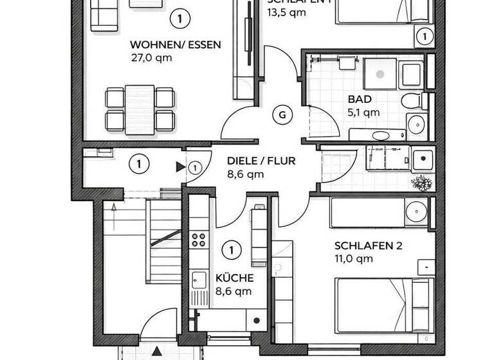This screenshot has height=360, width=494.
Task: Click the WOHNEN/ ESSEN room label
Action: [176, 45]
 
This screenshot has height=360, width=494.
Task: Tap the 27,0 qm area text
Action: [152, 57]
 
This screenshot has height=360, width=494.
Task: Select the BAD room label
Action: [359, 100]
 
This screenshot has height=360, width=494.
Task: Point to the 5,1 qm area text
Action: [363, 112]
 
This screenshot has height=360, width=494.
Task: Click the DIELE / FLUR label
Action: [262, 161]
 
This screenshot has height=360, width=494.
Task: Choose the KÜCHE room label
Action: [234, 278]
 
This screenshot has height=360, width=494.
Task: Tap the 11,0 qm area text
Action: [354, 259]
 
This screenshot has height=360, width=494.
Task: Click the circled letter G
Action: [281, 116]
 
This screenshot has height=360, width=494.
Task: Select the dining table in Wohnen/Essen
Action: [140, 109]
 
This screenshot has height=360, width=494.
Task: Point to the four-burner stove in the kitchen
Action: [199, 240]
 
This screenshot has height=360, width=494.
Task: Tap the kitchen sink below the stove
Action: [199, 280]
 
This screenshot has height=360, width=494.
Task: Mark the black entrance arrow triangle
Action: [180, 167]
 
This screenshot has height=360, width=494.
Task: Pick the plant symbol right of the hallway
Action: [422, 183]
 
